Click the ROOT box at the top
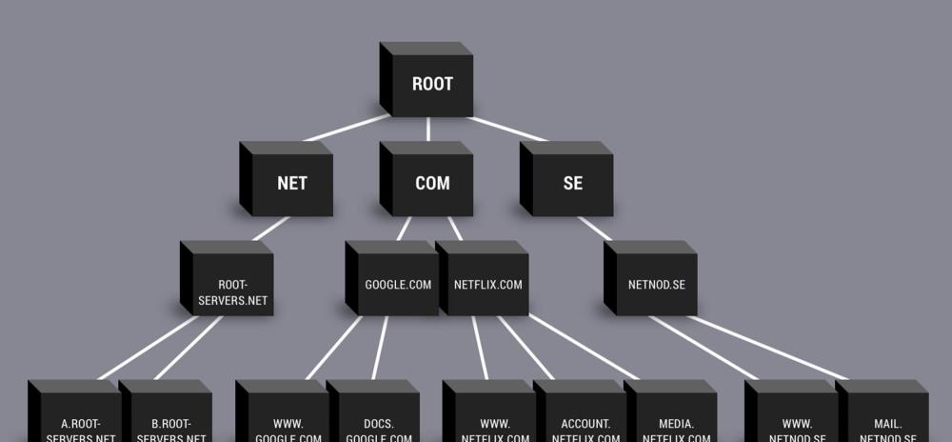click(x=431, y=84)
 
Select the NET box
click(x=291, y=183)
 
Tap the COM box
click(x=432, y=183)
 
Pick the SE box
click(x=572, y=183)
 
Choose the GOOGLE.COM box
click(x=398, y=284)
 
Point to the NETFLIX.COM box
click(x=487, y=284)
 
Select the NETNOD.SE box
click(x=656, y=284)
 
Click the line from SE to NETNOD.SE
click(x=595, y=229)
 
